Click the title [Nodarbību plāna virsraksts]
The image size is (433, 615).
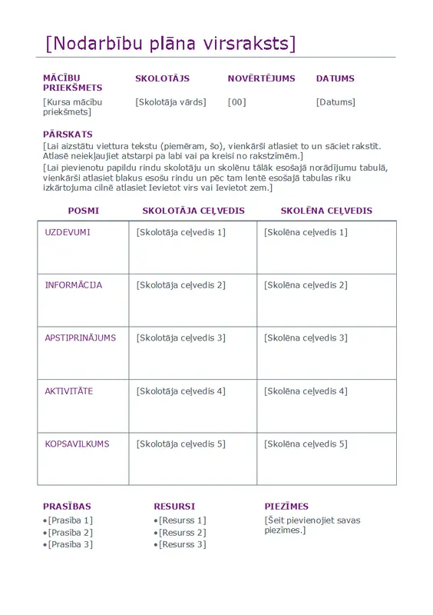[x=170, y=43]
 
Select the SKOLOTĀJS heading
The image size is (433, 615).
[x=162, y=78]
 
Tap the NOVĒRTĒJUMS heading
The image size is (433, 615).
[x=261, y=78]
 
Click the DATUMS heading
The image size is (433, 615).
[x=335, y=78]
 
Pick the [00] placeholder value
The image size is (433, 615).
[x=237, y=102]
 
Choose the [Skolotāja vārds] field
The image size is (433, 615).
[x=170, y=102]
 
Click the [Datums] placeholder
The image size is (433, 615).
[x=335, y=102]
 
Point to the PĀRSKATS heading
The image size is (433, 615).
[x=68, y=135]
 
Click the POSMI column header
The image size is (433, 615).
[x=83, y=211]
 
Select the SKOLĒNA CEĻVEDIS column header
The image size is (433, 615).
[x=326, y=211]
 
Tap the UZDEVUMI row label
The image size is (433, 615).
[x=68, y=232]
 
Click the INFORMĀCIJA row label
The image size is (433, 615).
[x=74, y=285]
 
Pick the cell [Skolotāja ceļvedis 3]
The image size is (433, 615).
[x=180, y=338]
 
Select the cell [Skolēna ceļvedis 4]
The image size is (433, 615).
[x=306, y=391]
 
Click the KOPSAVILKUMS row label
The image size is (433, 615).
[x=77, y=444]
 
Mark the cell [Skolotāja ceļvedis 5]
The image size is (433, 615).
[x=180, y=444]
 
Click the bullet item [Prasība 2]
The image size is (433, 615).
[x=70, y=533]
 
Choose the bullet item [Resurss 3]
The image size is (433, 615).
[x=182, y=545]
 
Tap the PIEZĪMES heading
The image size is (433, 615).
[x=286, y=507]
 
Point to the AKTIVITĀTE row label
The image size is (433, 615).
[x=69, y=391]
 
